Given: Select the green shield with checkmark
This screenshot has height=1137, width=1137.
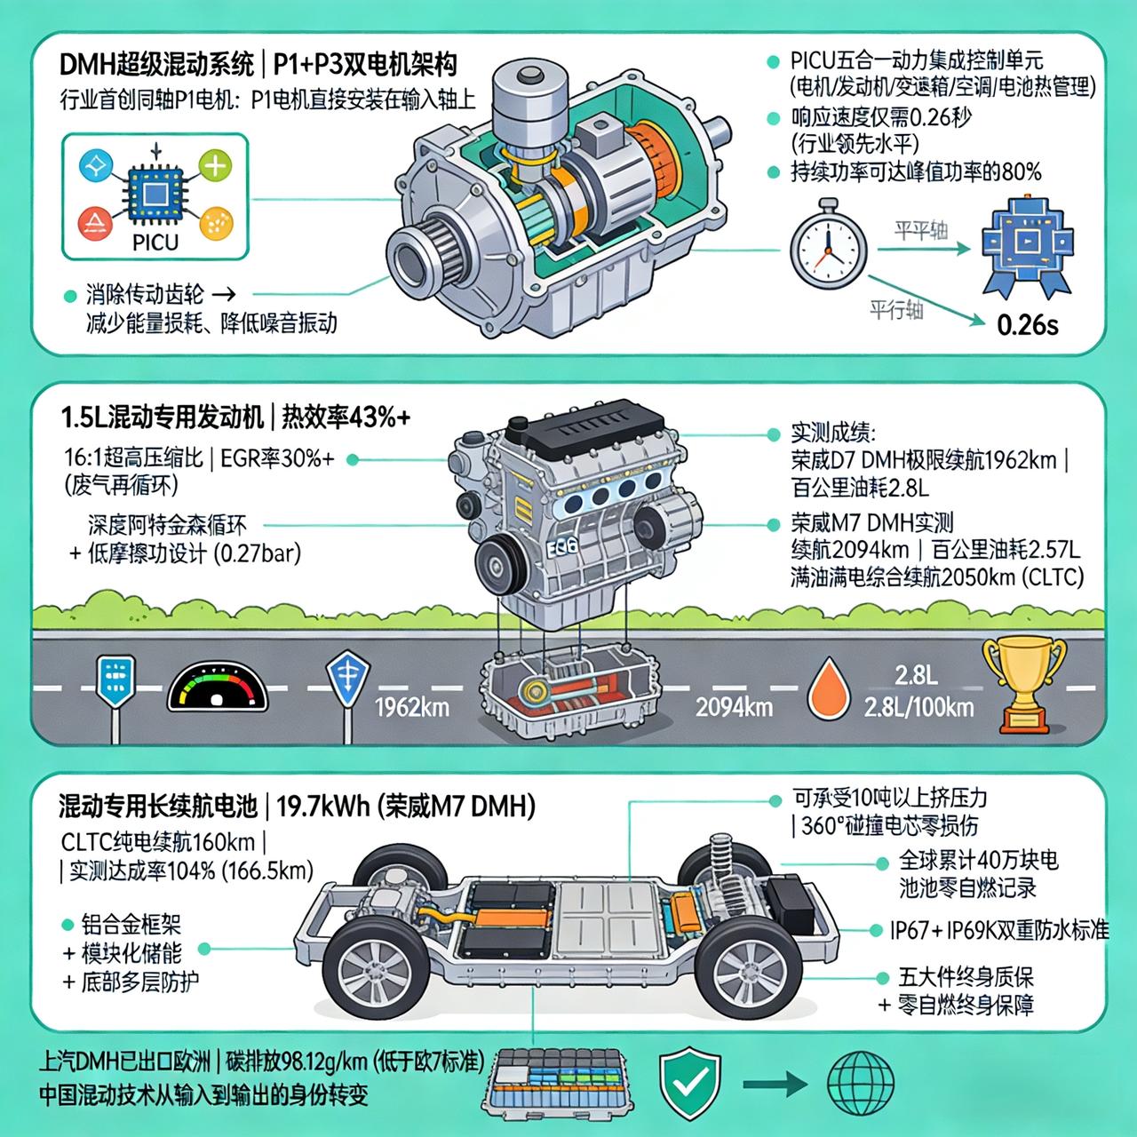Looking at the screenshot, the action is [x=689, y=1080].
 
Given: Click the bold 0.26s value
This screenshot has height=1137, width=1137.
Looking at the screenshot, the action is [x=1028, y=324].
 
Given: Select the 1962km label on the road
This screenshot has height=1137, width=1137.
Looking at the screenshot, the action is [x=412, y=707].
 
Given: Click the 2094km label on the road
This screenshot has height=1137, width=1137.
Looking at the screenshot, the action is [x=734, y=707].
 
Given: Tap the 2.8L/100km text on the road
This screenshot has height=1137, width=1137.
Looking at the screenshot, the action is [x=918, y=707].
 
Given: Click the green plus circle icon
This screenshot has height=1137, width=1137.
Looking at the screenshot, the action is [x=216, y=165].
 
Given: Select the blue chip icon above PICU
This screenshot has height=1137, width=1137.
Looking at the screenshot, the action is [x=156, y=192].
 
